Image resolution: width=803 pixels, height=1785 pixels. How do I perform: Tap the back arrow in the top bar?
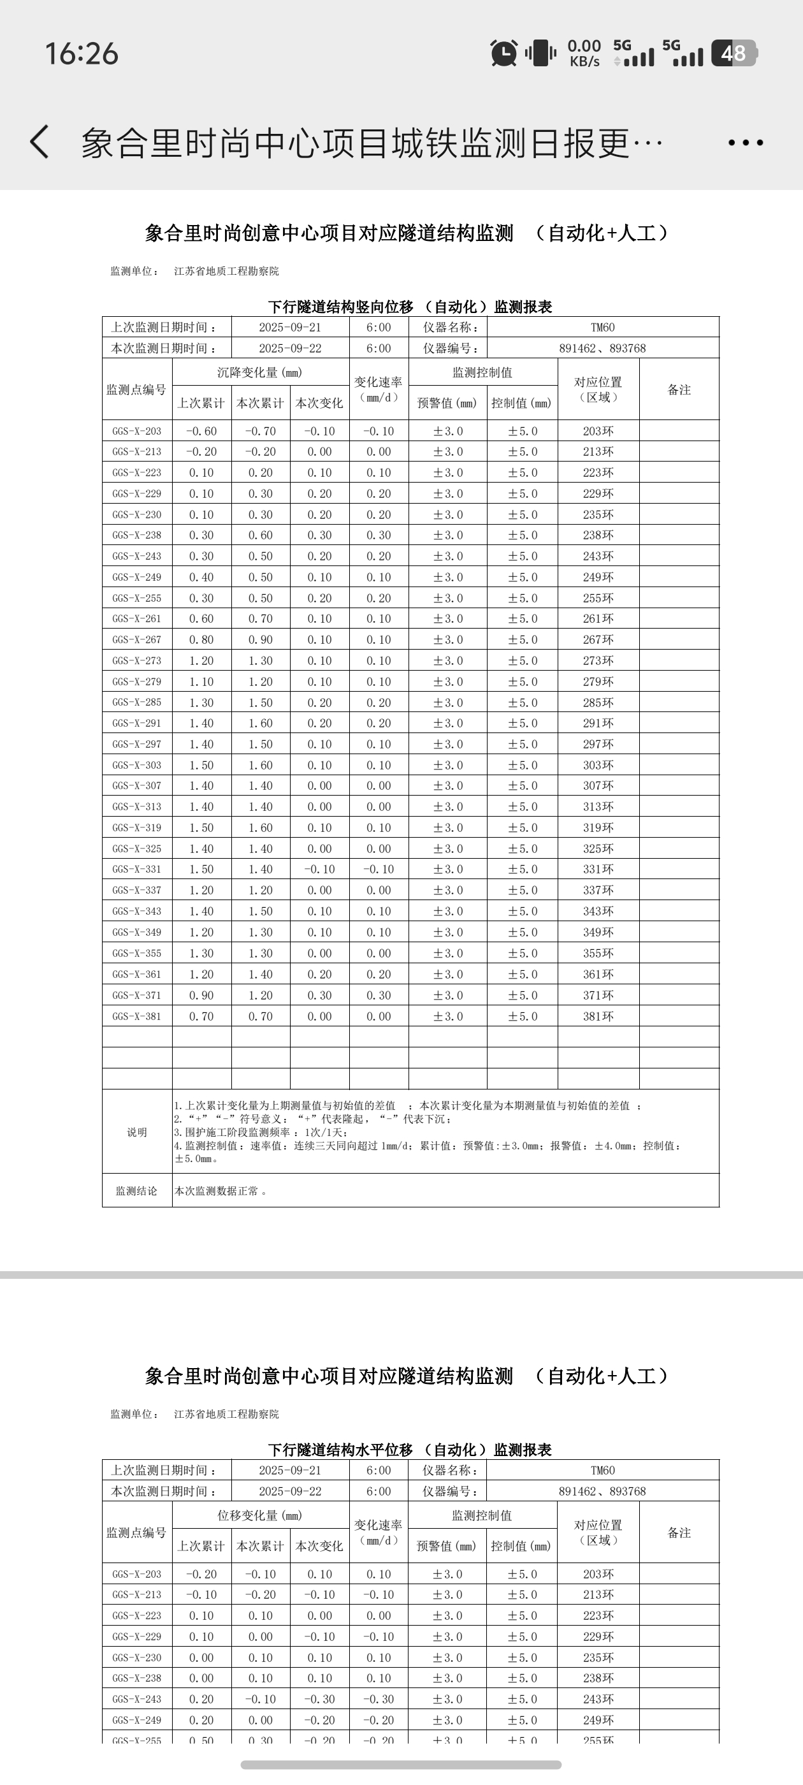pyautogui.click(x=40, y=142)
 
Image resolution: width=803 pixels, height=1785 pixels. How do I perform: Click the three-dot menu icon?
pyautogui.click(x=746, y=143)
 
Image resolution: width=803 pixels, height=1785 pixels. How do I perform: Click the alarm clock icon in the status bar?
pyautogui.click(x=503, y=54)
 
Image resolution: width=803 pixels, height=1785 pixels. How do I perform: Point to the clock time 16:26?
pyautogui.click(x=82, y=54)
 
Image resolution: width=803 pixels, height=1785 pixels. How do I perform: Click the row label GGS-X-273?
pyautogui.click(x=136, y=661)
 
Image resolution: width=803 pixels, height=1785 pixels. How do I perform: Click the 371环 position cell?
pyautogui.click(x=598, y=996)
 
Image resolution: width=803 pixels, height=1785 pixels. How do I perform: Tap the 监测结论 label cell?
pyautogui.click(x=136, y=1191)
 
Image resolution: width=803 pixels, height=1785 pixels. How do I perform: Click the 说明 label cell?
pyautogui.click(x=136, y=1132)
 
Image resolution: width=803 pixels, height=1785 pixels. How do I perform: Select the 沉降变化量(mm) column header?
pyautogui.click(x=260, y=373)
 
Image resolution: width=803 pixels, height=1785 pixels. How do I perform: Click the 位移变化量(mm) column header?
pyautogui.click(x=260, y=1515)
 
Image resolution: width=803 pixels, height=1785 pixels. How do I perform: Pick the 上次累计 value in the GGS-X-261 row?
pyautogui.click(x=201, y=619)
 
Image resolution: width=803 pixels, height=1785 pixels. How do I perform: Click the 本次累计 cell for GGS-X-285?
pyautogui.click(x=261, y=703)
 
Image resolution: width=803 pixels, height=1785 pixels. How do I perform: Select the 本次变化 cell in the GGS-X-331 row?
pyautogui.click(x=319, y=870)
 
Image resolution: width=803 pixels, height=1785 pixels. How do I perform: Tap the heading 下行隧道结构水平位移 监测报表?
pyautogui.click(x=410, y=1450)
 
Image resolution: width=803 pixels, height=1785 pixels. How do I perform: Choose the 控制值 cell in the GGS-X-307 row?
pyautogui.click(x=523, y=786)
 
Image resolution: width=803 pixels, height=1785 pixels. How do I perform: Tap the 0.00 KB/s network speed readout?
pyautogui.click(x=584, y=54)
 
